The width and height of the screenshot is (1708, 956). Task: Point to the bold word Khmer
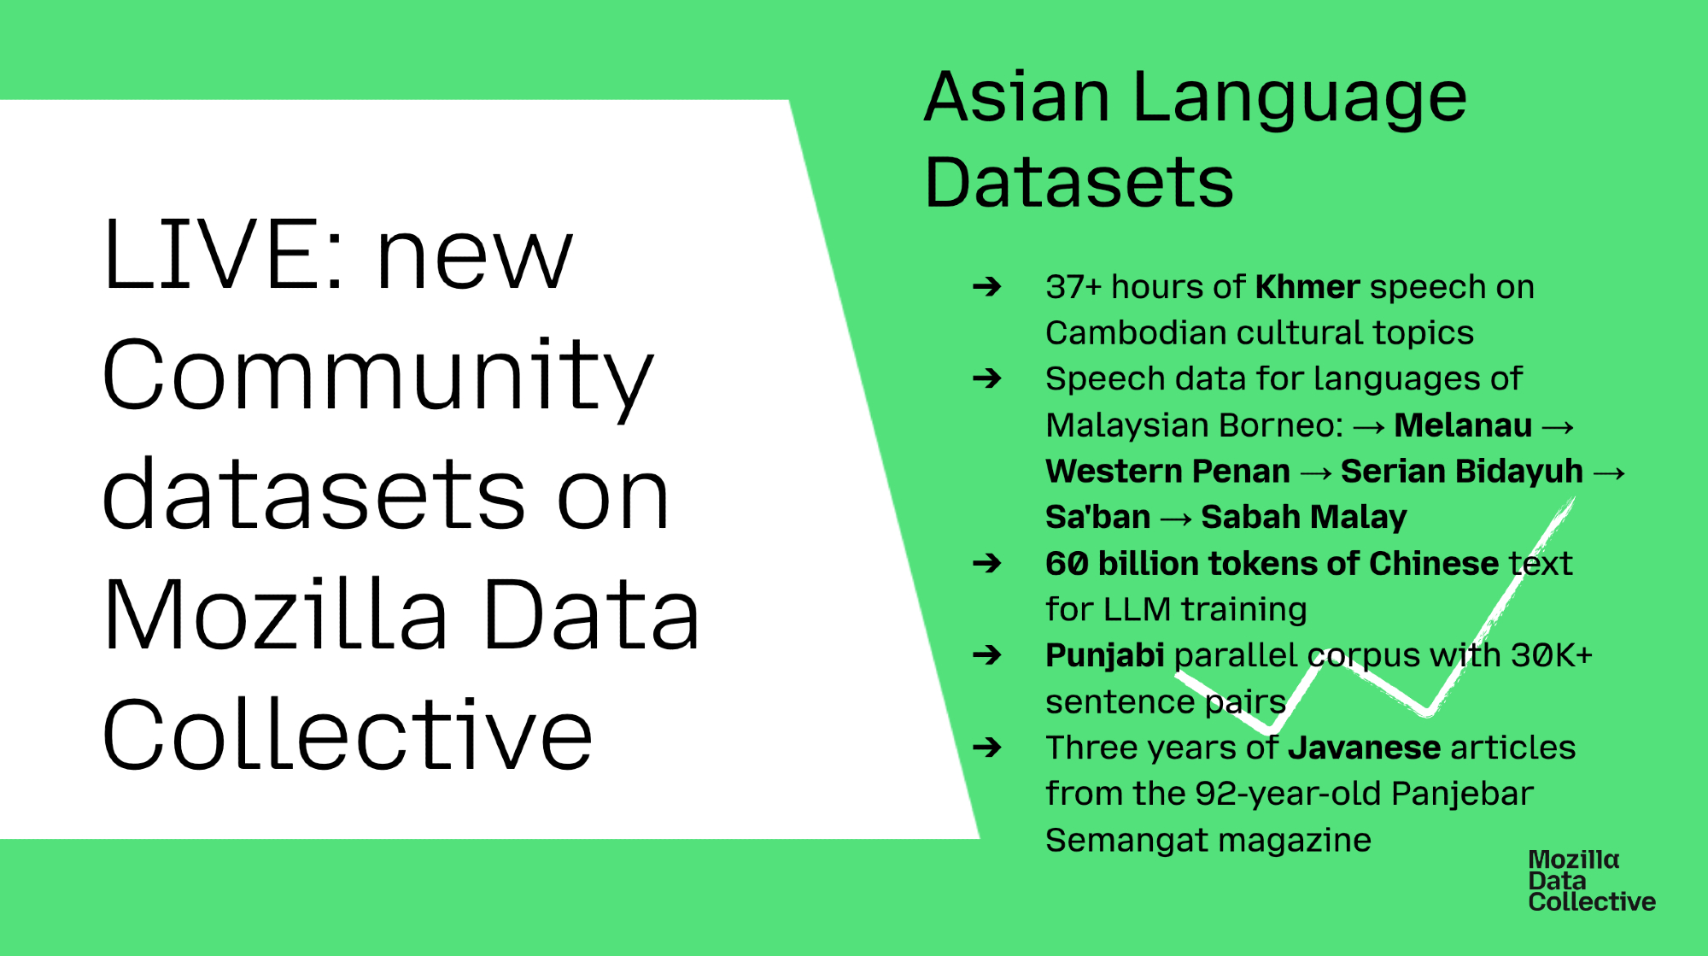click(1307, 287)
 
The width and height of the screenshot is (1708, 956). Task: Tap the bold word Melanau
click(1463, 425)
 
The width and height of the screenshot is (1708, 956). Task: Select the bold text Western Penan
click(1167, 471)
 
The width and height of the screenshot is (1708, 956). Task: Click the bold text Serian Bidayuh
click(1461, 471)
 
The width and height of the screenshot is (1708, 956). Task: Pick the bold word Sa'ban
click(1098, 517)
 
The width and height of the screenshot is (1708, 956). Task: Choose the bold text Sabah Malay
click(1303, 517)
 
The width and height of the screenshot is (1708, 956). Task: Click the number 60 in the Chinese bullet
click(1067, 563)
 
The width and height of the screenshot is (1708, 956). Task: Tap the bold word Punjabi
click(1105, 655)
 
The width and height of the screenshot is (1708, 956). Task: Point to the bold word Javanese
click(1365, 748)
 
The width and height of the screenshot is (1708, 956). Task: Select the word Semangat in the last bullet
click(1120, 841)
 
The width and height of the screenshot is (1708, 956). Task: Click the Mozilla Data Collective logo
click(1592, 881)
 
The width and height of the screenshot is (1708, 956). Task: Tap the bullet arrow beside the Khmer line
click(987, 286)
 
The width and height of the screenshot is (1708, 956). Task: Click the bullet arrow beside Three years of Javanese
click(987, 748)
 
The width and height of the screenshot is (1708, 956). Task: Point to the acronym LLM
click(1137, 609)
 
